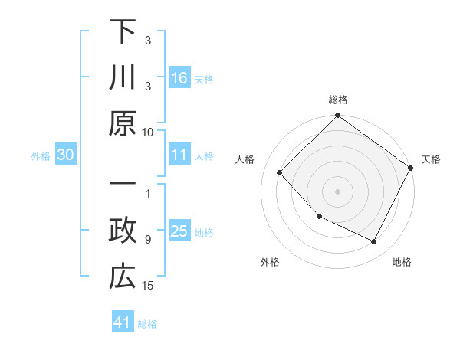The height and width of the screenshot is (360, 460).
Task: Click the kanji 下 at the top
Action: pos(122,32)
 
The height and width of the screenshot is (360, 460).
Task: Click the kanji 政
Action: pos(122,231)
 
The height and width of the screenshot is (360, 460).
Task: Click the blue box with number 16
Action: pos(179,77)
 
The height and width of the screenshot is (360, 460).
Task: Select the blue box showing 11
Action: pos(179,155)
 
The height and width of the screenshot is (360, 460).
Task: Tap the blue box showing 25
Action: pos(179,231)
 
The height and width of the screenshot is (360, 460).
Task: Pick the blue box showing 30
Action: pos(66,155)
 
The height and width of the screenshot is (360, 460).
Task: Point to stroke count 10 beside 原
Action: pos(148,132)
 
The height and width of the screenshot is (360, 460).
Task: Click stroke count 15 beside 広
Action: pos(148,286)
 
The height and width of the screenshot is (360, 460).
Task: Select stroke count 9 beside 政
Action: pos(148,240)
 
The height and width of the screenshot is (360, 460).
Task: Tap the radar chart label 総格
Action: pos(337,100)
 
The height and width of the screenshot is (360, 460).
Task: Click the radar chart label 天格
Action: pos(431,159)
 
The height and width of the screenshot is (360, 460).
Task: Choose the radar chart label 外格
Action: pos(270,262)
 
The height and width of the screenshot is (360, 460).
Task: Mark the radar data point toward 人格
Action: pos(280,172)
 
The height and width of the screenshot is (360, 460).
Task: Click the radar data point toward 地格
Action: pos(373,241)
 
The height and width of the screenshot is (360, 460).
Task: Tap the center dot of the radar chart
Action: pos(337,191)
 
